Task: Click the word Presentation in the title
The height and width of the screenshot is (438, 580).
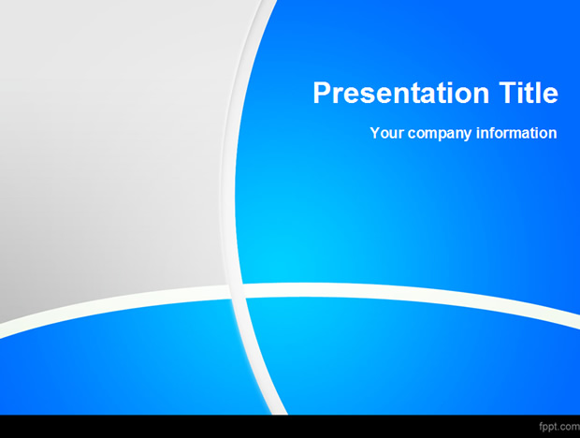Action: click(401, 93)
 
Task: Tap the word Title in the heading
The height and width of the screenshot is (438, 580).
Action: click(529, 92)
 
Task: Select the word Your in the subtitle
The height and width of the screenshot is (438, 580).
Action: click(386, 133)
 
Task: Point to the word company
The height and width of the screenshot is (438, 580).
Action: click(440, 134)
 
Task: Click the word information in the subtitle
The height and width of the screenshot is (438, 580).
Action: click(516, 133)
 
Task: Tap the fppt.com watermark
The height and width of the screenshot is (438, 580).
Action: click(559, 427)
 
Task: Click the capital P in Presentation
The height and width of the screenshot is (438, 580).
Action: click(323, 92)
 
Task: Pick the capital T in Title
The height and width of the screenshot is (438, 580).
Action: click(508, 92)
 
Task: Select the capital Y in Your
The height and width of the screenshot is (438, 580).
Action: click(375, 133)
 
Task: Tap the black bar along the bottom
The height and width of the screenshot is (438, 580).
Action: click(290, 427)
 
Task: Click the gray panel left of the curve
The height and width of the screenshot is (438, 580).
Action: click(111, 148)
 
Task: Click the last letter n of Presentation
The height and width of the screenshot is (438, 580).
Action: click(481, 95)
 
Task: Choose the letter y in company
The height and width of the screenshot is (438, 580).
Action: click(468, 136)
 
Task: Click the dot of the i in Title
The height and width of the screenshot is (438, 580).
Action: click(522, 83)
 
